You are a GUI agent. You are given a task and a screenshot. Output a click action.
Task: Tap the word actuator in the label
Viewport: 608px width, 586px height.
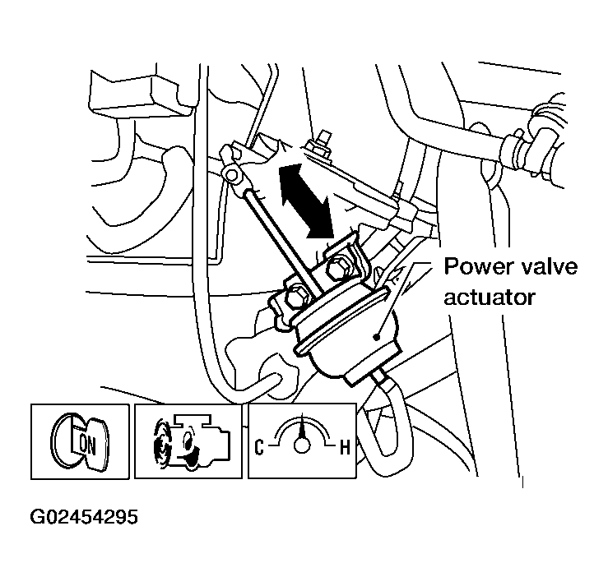coord(490,296)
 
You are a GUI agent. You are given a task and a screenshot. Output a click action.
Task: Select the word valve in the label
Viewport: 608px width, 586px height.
coord(550,267)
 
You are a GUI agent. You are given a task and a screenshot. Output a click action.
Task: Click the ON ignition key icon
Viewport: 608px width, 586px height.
coord(81,441)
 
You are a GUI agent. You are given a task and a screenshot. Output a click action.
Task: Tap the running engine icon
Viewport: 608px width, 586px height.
coord(187,441)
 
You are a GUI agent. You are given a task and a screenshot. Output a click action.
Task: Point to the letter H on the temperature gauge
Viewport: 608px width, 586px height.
coord(346,448)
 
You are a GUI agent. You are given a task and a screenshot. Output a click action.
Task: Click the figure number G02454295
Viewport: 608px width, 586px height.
coord(84,518)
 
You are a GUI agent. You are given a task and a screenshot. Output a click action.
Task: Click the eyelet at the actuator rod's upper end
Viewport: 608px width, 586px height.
coord(232,174)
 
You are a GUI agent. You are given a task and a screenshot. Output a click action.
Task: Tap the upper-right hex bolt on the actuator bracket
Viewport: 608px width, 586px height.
coord(339,266)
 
